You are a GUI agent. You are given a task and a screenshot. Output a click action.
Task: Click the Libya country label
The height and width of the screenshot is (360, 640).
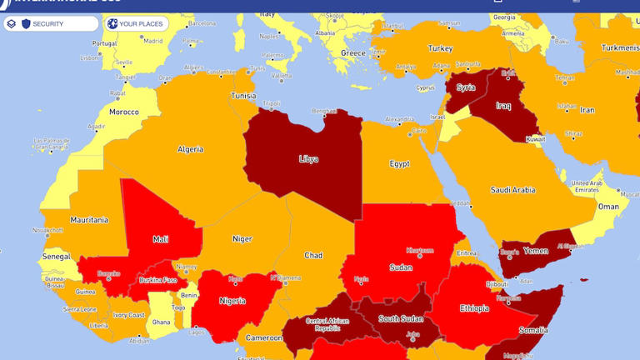308,158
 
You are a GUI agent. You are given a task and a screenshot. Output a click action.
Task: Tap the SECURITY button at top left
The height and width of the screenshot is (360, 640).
48,23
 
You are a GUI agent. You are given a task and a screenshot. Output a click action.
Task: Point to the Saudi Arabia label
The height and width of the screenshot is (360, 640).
512,190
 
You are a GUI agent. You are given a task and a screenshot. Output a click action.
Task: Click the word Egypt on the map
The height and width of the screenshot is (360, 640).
399,164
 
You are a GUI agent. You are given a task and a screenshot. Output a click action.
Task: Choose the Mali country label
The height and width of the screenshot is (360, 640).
160,239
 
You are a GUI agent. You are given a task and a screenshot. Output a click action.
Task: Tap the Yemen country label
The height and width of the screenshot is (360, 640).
536,250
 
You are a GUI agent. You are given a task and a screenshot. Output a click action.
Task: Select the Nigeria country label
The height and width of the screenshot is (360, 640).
232,300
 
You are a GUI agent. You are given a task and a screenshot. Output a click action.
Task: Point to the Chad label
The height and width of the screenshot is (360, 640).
313,255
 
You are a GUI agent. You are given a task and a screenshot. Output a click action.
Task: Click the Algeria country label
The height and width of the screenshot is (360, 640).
190,149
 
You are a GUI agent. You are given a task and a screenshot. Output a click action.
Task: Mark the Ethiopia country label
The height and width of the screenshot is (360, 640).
474,308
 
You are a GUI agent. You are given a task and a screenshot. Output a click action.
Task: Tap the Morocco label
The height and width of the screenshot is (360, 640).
124,112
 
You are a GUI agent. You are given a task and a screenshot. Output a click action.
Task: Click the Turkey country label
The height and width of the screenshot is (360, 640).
440,48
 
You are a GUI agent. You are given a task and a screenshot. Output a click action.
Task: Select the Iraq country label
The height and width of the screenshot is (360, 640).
502,106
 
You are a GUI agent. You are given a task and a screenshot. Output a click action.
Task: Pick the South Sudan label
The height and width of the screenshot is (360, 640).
400,318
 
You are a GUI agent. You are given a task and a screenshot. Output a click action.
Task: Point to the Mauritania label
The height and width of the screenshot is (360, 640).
89,220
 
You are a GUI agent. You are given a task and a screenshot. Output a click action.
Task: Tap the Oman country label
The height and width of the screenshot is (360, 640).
608,207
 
